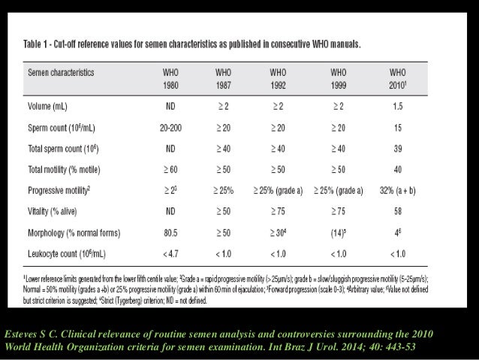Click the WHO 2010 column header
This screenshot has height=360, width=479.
tap(399, 78)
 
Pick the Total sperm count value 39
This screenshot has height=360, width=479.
tap(398, 148)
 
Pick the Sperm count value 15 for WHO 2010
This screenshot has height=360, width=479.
tap(398, 128)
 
